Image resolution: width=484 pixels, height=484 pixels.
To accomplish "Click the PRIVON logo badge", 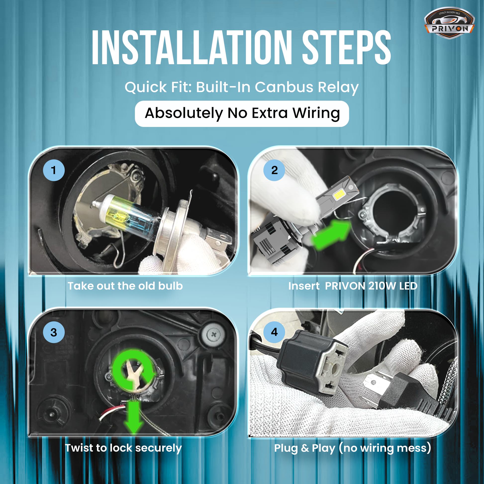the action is coord(449,23).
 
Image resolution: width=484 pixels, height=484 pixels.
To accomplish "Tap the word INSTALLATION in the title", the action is coord(192,47).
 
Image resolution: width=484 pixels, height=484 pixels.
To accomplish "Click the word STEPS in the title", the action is coord(346,47).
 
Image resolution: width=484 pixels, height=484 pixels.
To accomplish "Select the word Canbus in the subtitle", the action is coord(284,87).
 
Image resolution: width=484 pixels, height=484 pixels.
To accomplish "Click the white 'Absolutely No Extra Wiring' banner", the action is coord(242,114).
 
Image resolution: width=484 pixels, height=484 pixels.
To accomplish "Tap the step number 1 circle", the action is coord(54,170).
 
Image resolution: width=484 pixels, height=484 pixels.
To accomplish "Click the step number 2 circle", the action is coord(274,170).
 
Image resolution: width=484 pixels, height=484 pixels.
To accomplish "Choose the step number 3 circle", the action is coord(54,332).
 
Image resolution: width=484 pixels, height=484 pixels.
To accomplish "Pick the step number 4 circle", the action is coord(274,332).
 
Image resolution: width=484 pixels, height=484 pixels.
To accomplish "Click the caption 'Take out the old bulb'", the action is coord(125,286).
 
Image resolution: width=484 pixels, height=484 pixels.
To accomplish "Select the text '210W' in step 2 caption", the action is coord(382,286).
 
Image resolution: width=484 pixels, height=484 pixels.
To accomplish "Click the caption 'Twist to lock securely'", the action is coord(123,448).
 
